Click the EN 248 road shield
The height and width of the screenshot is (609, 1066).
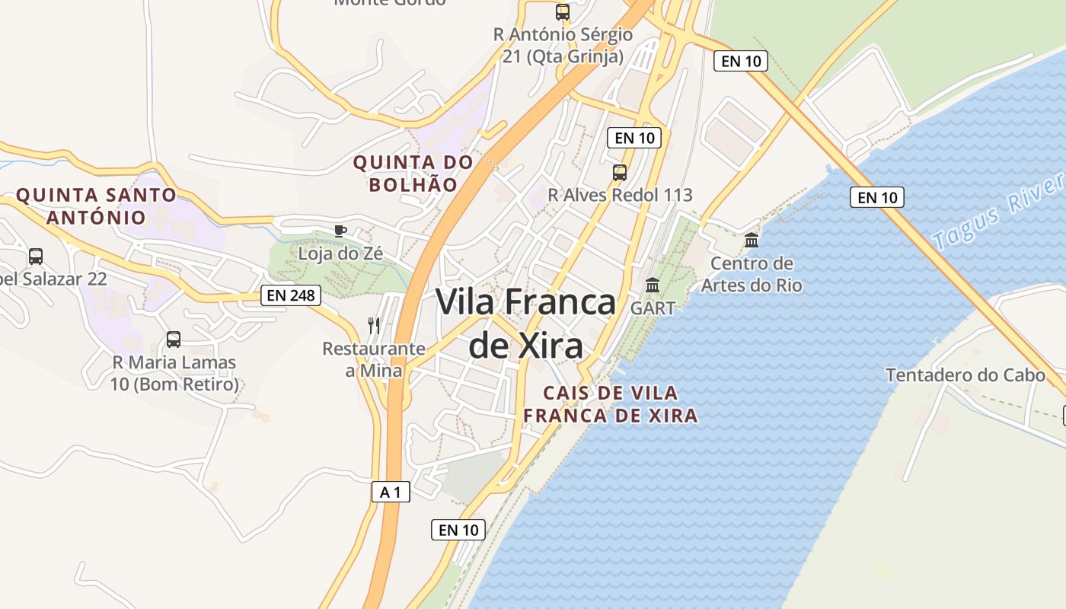pos(291,295)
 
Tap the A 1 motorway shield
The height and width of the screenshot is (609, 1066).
pos(391,493)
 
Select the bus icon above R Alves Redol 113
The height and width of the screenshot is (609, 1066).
pos(620,173)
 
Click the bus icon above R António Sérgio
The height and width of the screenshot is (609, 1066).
pos(563,12)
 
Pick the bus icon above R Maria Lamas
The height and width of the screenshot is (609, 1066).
pos(174,340)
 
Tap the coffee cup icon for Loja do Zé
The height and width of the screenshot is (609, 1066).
pos(340,231)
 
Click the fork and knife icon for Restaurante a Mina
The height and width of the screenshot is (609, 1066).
pos(374,326)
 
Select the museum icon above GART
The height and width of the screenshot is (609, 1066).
pos(653,285)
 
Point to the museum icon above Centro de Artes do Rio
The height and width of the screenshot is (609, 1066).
pos(752,241)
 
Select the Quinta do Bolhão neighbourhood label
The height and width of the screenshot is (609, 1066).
pos(413,174)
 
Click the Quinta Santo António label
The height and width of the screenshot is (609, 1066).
pos(97,206)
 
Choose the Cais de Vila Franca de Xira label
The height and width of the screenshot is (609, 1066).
pos(610,404)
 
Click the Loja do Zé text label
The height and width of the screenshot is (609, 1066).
pos(340,253)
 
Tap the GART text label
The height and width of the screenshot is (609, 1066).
pos(653,308)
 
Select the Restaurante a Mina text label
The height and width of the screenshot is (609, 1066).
pos(374,359)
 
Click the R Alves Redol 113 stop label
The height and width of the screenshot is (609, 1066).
pos(620,195)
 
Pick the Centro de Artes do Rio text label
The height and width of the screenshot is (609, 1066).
pos(752,275)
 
